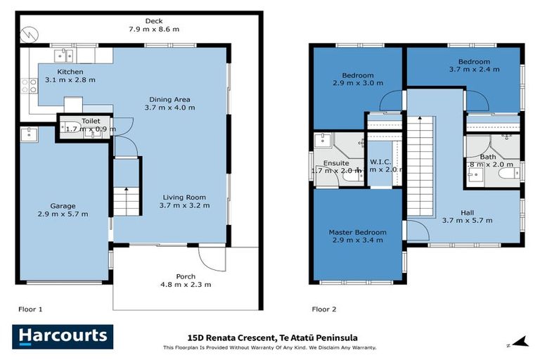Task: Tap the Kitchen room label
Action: point(70,72)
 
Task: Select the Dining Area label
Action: point(169,99)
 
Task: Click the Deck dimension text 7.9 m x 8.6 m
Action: point(154,29)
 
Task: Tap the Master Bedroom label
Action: point(357,232)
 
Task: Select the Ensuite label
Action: point(335,162)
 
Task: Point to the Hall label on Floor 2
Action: point(467,212)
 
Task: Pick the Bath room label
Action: point(487,157)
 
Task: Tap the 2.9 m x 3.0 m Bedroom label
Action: point(358,75)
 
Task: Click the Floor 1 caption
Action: point(30,309)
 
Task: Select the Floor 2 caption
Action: point(324,309)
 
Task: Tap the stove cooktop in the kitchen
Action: point(28,86)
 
